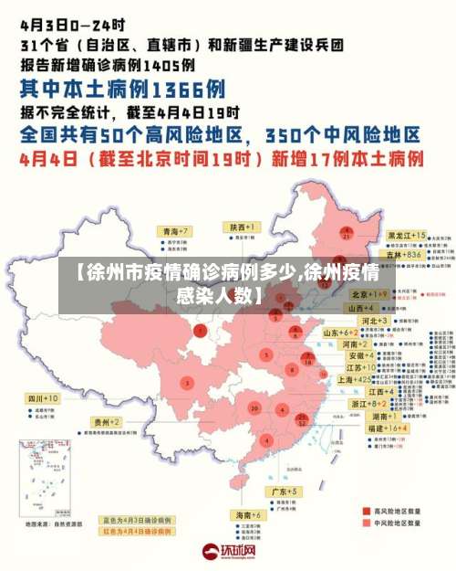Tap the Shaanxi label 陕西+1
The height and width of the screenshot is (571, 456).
244,226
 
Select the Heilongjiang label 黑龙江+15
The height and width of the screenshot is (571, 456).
406,236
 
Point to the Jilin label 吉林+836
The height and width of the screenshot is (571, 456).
403,255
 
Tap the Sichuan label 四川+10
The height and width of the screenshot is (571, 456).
43,399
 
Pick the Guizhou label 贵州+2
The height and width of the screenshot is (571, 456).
107,422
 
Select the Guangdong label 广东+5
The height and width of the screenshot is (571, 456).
285,492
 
